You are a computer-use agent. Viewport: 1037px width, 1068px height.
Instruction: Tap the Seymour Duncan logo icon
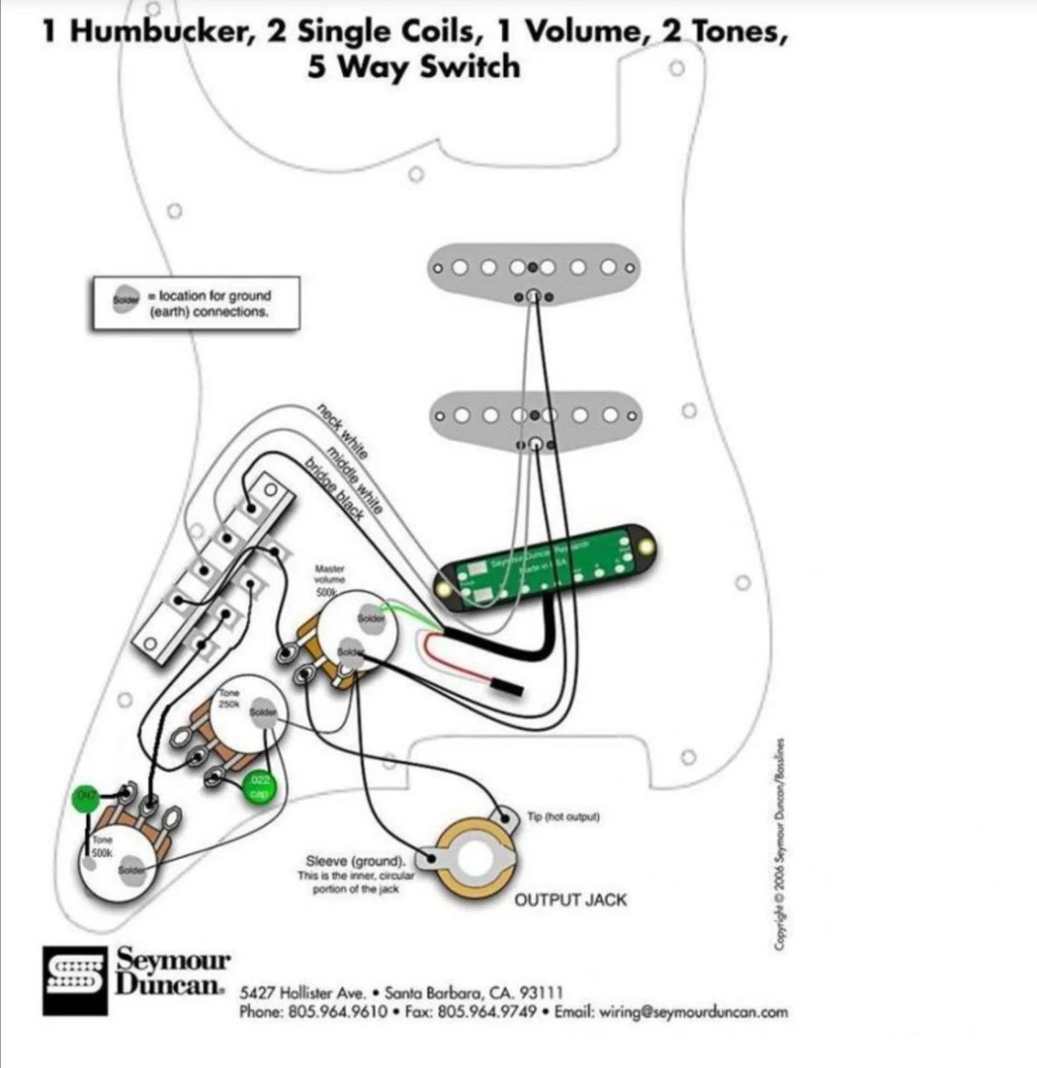pos(75,981)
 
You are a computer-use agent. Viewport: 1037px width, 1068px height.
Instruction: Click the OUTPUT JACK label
pos(570,899)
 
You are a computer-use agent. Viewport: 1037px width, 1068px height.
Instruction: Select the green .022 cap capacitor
pos(259,786)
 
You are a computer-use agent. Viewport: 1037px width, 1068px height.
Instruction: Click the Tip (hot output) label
pos(563,816)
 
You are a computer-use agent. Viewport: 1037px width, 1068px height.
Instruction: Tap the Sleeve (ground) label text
pos(355,860)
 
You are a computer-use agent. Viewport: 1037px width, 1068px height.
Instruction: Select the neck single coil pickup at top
pos(533,269)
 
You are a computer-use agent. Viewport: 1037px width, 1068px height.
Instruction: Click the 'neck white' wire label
pos(344,431)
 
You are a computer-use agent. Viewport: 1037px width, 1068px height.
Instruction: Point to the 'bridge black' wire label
pos(334,488)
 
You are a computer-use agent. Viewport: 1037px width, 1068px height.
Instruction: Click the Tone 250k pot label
pos(229,698)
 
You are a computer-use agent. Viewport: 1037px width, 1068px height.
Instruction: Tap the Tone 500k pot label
pos(102,846)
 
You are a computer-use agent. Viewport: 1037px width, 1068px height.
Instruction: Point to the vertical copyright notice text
pos(779,843)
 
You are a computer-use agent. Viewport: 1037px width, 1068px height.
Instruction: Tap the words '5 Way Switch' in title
pos(413,67)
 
